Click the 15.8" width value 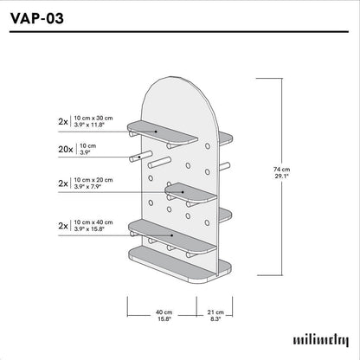[164, 319]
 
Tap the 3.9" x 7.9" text [93, 188]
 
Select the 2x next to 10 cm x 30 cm [63, 121]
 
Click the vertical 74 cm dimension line [282, 173]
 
